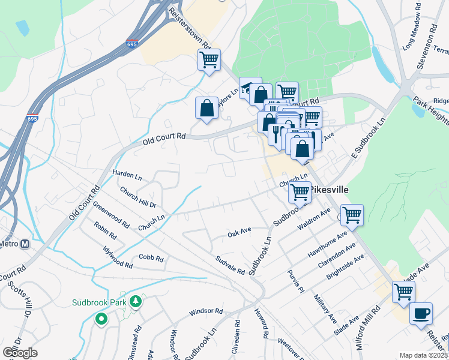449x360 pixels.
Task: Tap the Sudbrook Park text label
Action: pos(99,302)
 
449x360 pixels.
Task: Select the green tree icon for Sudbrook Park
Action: pos(136,301)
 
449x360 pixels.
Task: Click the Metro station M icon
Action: pos(25,244)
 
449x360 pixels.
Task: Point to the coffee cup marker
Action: pos(420,313)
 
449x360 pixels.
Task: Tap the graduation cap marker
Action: pos(250,88)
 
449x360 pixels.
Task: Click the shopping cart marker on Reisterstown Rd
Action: pos(209,59)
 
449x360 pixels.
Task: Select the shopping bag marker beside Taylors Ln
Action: pos(206,108)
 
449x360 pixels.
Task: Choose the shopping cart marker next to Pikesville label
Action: pos(300,193)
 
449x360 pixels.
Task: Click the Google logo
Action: pos(20,352)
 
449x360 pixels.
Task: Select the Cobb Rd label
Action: pos(151,259)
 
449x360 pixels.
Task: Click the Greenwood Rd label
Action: pos(111,214)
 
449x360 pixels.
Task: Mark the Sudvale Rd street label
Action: pos(231,264)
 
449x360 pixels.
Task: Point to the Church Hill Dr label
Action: pos(137,197)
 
